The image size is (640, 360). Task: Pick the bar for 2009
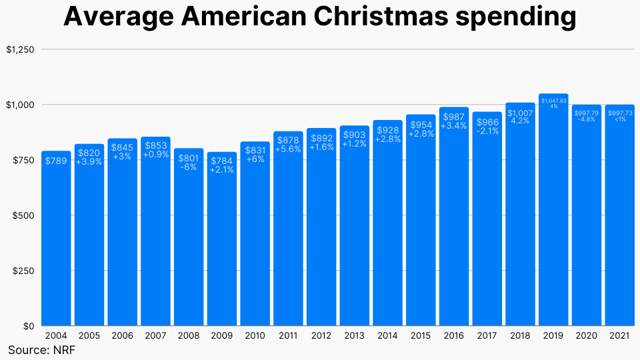tap(221, 247)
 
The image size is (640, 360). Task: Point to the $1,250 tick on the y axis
tap(20, 49)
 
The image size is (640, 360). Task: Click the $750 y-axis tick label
tap(22, 160)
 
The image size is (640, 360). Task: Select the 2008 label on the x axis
tap(189, 337)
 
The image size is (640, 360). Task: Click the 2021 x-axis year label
tap(619, 337)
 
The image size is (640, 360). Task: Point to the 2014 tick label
tap(387, 337)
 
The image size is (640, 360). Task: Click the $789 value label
tap(56, 161)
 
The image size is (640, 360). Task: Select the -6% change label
tap(189, 167)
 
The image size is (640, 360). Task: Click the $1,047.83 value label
tap(553, 101)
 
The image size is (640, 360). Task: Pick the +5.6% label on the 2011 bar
tap(288, 149)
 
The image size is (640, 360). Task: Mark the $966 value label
tap(487, 122)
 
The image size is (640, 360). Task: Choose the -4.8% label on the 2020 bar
tap(587, 119)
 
